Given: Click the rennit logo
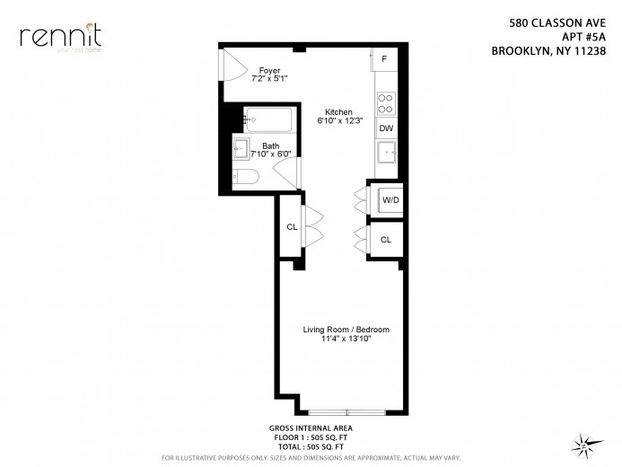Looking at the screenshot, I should click(61, 37).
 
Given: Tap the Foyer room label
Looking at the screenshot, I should click(269, 69).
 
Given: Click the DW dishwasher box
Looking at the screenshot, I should click(386, 128).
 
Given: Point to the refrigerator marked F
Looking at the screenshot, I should click(384, 59).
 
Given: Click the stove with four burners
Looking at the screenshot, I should click(386, 103).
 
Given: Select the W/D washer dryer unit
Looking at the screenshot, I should click(390, 199).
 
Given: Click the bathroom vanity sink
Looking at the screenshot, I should click(241, 148).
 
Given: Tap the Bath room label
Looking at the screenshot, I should click(270, 145).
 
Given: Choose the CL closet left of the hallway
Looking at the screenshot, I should click(292, 227).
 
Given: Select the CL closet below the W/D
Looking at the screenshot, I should click(386, 240).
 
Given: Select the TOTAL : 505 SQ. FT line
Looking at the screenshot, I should click(311, 446).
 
